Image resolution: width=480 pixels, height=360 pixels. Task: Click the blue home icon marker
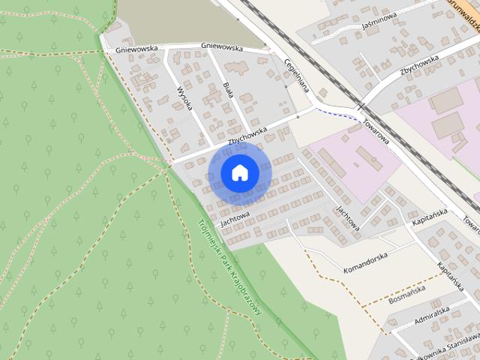(x=239, y=172)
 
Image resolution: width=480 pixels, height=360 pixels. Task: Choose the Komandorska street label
(x=365, y=260)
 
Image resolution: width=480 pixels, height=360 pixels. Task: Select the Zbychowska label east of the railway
(x=419, y=64)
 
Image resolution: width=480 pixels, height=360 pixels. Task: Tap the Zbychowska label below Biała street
(x=247, y=134)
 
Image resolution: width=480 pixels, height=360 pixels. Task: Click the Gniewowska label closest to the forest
(x=136, y=49)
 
